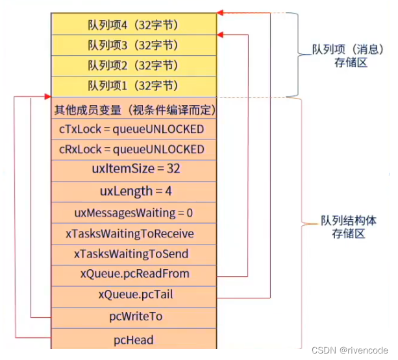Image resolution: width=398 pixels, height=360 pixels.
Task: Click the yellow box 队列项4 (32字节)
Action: pyautogui.click(x=133, y=25)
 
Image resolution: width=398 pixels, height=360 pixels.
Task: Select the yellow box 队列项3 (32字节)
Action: pyautogui.click(x=133, y=45)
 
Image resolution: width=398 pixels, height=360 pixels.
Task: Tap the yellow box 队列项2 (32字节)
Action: pyautogui.click(x=133, y=65)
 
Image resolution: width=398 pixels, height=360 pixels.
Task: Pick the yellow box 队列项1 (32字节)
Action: pyautogui.click(x=133, y=86)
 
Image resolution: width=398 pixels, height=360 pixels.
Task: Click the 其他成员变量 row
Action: pyautogui.click(x=133, y=110)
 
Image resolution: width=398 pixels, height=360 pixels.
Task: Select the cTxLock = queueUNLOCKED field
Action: pyautogui.click(x=133, y=129)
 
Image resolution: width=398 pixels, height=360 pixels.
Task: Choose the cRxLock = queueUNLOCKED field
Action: pyautogui.click(x=133, y=149)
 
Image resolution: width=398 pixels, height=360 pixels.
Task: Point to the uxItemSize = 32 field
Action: pyautogui.click(x=133, y=169)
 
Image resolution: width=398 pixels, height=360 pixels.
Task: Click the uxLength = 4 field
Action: pyautogui.click(x=133, y=191)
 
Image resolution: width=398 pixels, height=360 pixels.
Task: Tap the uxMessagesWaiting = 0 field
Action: pyautogui.click(x=133, y=212)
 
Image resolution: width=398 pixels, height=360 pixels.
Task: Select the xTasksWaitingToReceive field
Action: pyautogui.click(x=133, y=233)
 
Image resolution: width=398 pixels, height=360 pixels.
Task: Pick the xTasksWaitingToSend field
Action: pyautogui.click(x=133, y=254)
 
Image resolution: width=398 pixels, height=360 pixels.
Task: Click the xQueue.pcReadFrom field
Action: pyautogui.click(x=133, y=274)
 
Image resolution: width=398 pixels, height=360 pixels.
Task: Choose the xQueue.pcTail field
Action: pyautogui.click(x=133, y=294)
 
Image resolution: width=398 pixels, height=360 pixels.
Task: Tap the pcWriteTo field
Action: pyautogui.click(x=133, y=317)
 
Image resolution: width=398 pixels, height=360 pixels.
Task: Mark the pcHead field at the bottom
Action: pyautogui.click(x=133, y=339)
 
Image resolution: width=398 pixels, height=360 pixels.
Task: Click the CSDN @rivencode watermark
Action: pyautogui.click(x=349, y=350)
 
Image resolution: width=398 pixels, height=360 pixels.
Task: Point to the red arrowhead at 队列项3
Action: pyautogui.click(x=221, y=34)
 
